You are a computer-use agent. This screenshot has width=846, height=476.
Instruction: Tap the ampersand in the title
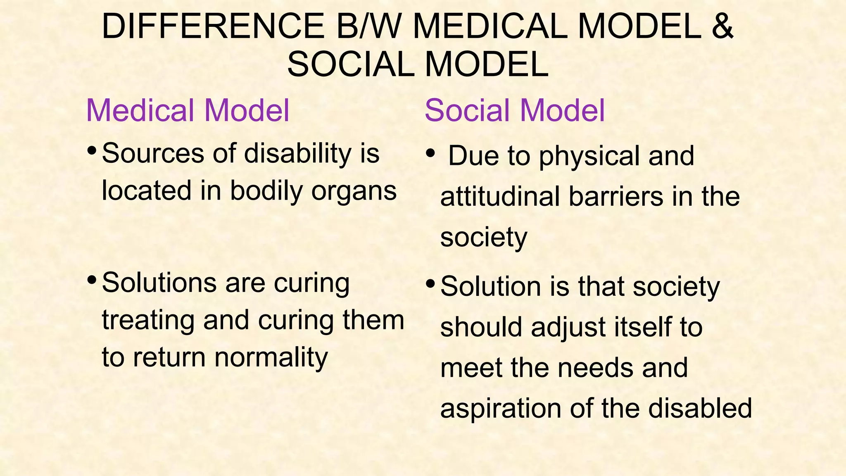pos(722,27)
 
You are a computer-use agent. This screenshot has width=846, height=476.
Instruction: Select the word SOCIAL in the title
pos(351,65)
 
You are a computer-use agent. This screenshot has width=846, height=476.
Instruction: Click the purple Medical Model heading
pos(188,111)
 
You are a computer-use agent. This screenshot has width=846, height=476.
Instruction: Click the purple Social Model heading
pos(514,111)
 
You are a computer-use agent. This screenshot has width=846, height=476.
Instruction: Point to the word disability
pos(297,154)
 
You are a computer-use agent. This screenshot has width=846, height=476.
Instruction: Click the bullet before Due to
pos(430,153)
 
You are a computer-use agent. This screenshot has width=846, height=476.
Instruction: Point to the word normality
pos(271,357)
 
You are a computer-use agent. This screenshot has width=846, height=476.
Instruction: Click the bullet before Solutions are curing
pos(92,281)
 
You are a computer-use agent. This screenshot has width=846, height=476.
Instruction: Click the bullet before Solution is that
pos(430,284)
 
